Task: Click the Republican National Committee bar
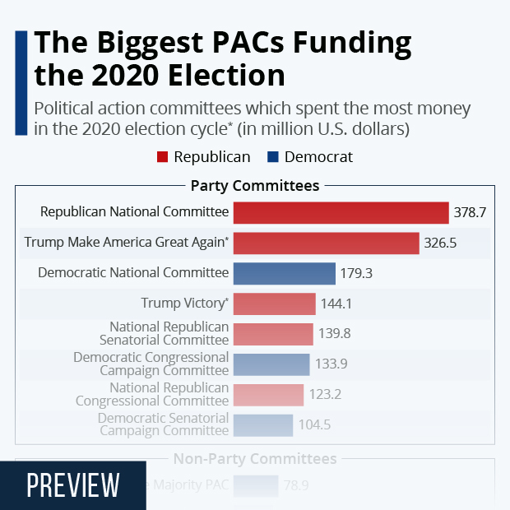[341, 212]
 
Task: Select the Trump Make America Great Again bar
[326, 243]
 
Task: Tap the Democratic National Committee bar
[284, 273]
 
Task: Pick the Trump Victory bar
[274, 304]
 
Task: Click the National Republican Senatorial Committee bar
[272, 334]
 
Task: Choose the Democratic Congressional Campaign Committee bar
[271, 364]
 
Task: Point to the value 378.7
[470, 212]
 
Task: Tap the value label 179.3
[356, 273]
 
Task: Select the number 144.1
[336, 304]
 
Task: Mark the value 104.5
[313, 425]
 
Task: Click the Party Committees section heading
[254, 186]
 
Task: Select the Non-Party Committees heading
[254, 458]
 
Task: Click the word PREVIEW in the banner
[73, 485]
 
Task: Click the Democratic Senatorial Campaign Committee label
[163, 424]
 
